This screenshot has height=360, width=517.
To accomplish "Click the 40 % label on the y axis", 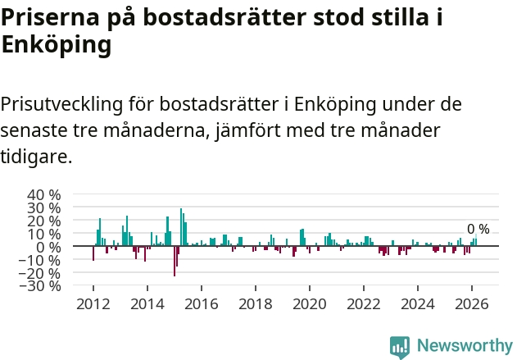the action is [44, 194].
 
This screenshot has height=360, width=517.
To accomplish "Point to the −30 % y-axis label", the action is [40, 285].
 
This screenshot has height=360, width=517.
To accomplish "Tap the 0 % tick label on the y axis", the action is [48, 247].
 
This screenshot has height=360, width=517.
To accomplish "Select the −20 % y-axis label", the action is [40, 273].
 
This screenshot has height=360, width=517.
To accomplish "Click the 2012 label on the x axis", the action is [93, 304].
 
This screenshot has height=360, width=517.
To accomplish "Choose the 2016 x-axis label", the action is [201, 304].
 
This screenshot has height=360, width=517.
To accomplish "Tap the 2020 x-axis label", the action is [309, 304].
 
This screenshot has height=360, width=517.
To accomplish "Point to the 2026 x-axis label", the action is [471, 304].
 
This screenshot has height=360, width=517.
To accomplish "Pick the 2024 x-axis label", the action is [417, 304].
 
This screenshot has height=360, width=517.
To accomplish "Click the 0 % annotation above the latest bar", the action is [478, 229].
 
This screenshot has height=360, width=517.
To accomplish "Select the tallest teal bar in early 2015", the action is [181, 227].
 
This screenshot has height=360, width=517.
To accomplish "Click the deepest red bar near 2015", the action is [175, 261].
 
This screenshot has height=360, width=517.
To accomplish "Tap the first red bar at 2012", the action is [93, 253].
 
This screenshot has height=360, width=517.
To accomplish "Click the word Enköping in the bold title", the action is [57, 44].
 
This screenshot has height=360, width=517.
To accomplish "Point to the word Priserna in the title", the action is [50, 17].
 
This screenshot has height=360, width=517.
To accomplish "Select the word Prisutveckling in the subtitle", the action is [61, 104].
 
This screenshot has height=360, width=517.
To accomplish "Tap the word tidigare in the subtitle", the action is [36, 156].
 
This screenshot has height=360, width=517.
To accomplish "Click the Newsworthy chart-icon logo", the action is [400, 348].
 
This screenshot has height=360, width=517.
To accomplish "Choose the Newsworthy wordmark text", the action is [465, 345].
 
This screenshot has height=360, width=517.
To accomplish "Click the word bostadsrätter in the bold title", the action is [224, 17].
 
